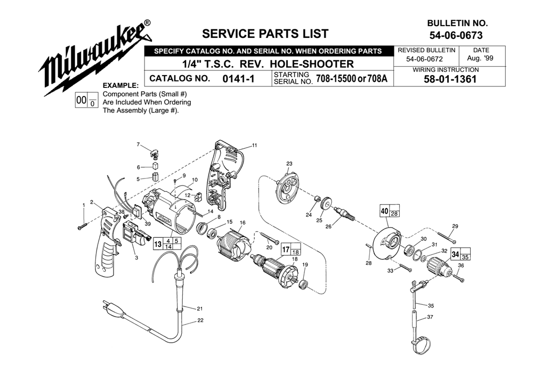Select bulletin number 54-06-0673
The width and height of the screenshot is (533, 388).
456,35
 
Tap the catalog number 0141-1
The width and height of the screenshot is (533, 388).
238,79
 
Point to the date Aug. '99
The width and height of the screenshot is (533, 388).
480,58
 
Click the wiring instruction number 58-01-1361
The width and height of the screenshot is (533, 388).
450,79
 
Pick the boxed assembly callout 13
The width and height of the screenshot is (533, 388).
158,244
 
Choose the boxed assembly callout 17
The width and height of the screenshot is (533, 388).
286,249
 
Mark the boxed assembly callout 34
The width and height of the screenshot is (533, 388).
456,254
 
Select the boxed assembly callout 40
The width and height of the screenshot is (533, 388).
384,211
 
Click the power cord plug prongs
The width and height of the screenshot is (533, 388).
106,307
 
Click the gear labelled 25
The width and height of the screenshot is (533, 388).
326,205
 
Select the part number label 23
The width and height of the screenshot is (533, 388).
289,164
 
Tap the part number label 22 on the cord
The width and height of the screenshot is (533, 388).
200,320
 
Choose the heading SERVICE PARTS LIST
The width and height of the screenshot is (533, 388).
265,34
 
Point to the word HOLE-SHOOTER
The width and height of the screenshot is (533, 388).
312,64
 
